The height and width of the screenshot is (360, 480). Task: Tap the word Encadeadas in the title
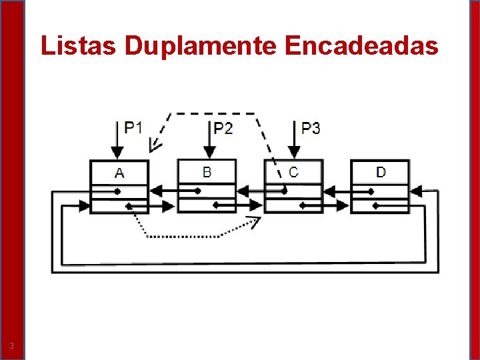361,45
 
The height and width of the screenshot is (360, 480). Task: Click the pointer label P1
133,127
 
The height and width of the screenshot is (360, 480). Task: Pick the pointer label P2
223,128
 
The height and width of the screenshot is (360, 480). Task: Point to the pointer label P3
311,128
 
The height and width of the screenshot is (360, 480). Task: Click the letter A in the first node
119,173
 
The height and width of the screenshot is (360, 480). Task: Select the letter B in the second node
207,172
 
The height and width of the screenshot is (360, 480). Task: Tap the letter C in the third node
293,172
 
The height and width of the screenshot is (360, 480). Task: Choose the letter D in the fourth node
381,172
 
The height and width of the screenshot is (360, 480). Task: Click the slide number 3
11,345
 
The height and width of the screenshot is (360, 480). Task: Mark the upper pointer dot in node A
117,191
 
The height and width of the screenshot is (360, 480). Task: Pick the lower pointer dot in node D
376,206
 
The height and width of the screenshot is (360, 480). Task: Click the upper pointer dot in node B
197,191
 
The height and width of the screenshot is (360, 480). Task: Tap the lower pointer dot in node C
302,205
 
